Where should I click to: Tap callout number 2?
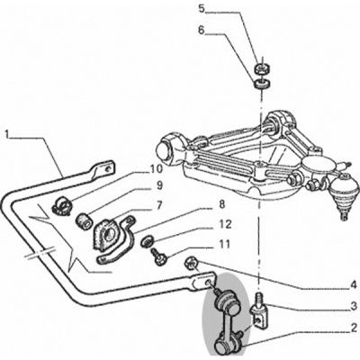pyautogui.click(x=354, y=327)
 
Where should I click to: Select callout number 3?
pyautogui.click(x=354, y=306)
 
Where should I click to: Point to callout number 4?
pyautogui.click(x=354, y=284)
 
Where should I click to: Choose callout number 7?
pyautogui.click(x=158, y=206)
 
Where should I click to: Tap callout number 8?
pyautogui.click(x=221, y=205)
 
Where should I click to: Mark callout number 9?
pyautogui.click(x=158, y=185)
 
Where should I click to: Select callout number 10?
pyautogui.click(x=156, y=169)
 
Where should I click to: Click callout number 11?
pyautogui.click(x=224, y=245)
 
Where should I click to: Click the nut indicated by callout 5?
pyautogui.click(x=263, y=69)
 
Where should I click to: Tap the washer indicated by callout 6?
pyautogui.click(x=263, y=84)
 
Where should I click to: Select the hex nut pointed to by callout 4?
pyautogui.click(x=191, y=263)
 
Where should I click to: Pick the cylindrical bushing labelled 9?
pyautogui.click(x=84, y=220)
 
